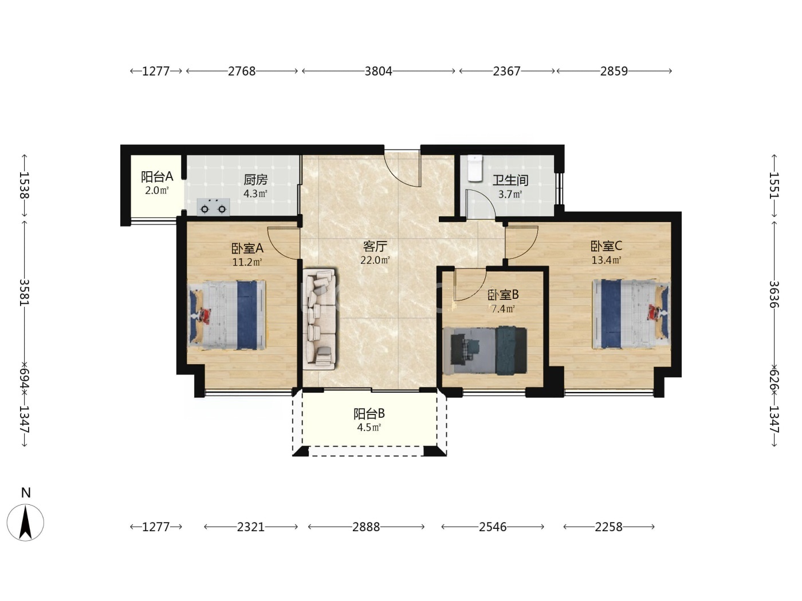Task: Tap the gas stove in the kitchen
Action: (213, 207)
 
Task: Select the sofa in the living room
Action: (319, 319)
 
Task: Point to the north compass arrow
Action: (26, 523)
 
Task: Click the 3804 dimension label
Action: (378, 71)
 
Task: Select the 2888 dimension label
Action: (366, 527)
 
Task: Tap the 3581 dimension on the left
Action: (25, 292)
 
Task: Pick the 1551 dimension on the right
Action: (774, 185)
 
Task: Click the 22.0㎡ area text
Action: (375, 260)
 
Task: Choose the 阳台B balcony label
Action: (369, 414)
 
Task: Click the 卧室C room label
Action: (606, 246)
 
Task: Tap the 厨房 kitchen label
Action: (255, 180)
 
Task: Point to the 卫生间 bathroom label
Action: (510, 180)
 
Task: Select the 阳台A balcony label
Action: (157, 177)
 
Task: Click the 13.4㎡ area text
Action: (607, 260)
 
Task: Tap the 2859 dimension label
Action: (614, 71)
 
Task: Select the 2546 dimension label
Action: (493, 527)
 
